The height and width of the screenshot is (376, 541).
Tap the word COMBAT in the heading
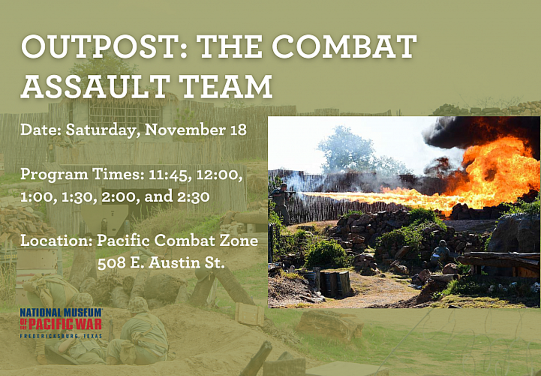(344, 46)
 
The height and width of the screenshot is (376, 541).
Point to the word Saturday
(103, 130)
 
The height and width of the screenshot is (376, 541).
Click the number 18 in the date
(238, 130)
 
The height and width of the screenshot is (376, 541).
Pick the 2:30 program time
(193, 197)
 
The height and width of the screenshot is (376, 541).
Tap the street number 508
(112, 263)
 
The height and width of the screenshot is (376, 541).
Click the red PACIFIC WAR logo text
(61, 324)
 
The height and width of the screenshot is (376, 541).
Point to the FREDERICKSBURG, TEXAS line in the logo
(61, 336)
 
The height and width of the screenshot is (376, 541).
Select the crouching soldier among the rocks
(440, 253)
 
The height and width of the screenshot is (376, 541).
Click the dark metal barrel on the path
(336, 284)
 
